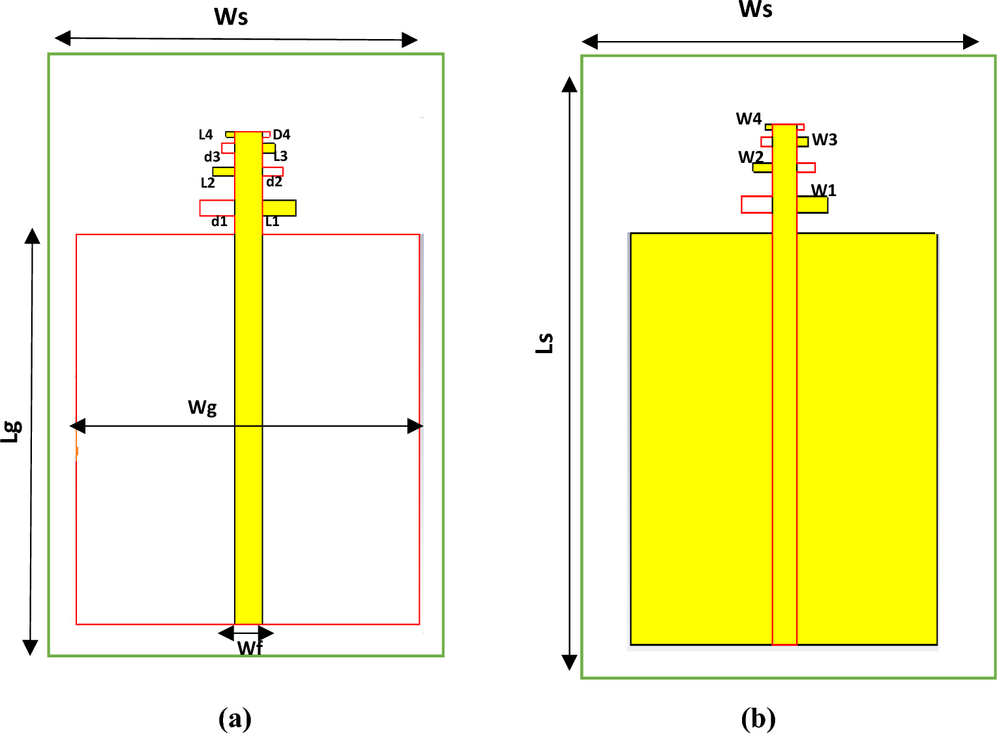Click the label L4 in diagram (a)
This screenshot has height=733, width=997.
205,135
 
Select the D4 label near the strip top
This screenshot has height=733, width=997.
282,135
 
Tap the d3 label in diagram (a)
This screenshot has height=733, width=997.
212,157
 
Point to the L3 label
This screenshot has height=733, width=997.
280,156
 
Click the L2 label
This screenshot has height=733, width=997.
207,183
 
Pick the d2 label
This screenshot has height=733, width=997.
274,182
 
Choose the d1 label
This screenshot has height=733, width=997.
219,222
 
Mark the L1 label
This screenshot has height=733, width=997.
273,222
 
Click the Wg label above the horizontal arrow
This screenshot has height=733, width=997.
202,408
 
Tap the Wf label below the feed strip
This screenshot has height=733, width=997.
250,648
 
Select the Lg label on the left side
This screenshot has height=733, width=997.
12,431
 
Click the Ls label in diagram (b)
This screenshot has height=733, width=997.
544,343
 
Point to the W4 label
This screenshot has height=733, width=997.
749,119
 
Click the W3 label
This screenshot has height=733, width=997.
824,139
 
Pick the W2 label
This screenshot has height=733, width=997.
751,157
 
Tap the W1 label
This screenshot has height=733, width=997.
824,190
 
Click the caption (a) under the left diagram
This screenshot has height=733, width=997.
235,719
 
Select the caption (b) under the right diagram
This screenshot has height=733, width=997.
758,719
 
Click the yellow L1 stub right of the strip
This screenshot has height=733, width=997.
279,208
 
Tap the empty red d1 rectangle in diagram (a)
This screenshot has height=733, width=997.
217,208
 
